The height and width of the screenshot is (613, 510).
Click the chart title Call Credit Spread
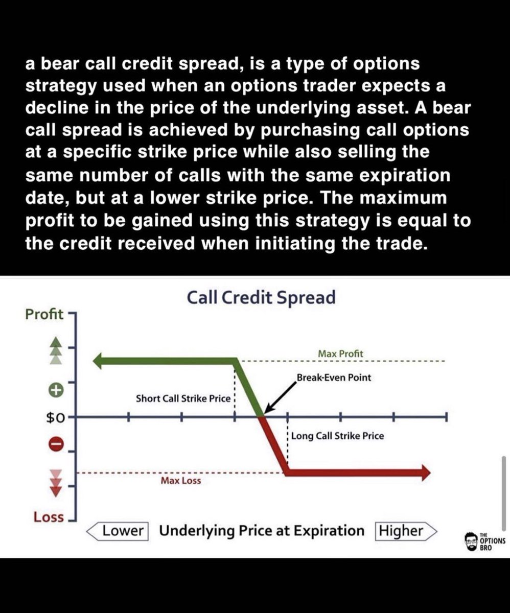261,297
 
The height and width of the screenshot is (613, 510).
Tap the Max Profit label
340,353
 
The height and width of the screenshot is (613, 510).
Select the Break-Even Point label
334,378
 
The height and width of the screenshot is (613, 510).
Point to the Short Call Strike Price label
183,398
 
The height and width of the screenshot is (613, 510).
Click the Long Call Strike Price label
337,436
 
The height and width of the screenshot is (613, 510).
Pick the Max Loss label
181,481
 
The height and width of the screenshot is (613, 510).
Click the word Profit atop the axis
44,314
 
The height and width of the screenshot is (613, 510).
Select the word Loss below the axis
49,517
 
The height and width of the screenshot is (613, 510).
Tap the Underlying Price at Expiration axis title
262,531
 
